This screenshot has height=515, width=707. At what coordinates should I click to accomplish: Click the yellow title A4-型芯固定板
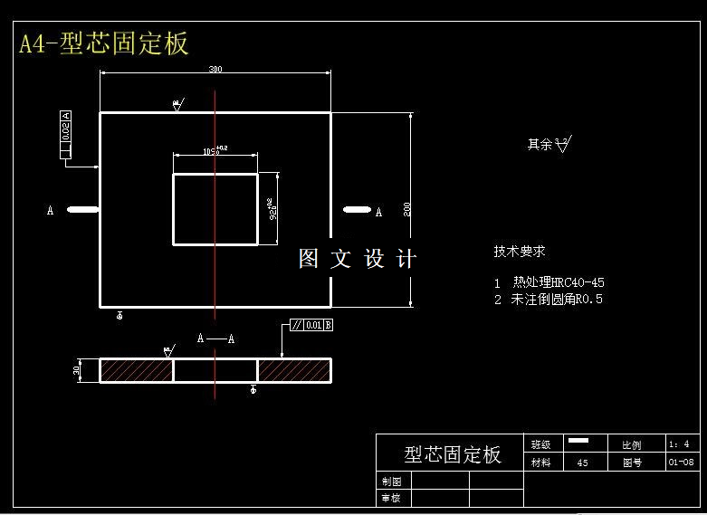point(103,43)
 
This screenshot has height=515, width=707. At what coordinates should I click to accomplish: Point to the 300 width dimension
point(215,70)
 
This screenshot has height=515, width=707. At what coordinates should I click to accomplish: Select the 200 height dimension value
point(407,208)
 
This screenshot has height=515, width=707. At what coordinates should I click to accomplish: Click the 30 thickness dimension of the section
point(78,369)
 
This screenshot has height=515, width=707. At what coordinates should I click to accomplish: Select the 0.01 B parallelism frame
point(311,325)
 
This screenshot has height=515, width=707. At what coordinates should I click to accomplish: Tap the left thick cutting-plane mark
point(83,210)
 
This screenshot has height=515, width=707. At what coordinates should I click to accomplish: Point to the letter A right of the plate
point(378,212)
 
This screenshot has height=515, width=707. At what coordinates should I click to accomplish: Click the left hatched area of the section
point(136,370)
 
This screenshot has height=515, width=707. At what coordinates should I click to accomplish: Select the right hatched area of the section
point(294,370)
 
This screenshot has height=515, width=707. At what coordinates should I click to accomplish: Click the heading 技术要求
point(520,252)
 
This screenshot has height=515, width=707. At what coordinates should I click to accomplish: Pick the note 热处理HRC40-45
point(558,282)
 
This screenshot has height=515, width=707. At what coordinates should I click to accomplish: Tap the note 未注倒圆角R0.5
point(557,299)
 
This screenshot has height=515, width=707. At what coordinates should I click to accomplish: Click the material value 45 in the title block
point(582,463)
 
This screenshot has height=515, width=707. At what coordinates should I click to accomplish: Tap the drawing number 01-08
point(681,463)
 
